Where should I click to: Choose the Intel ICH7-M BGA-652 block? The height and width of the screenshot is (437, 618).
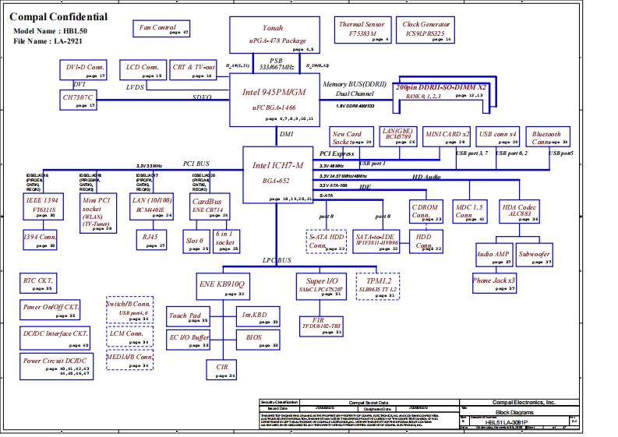click(277, 174)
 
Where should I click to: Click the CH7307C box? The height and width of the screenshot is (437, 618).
click(79, 99)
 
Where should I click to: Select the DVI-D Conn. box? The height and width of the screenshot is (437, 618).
click(82, 70)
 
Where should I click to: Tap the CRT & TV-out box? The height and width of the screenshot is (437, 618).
click(193, 70)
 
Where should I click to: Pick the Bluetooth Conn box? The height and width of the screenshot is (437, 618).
click(547, 138)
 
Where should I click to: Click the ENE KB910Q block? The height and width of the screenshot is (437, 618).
click(221, 287)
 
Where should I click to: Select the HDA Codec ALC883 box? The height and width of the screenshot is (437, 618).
click(520, 212)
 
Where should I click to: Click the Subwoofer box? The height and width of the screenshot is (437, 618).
click(534, 256)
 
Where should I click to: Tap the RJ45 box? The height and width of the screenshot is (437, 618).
click(147, 238)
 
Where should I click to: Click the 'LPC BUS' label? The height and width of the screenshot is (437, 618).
click(277, 260)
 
